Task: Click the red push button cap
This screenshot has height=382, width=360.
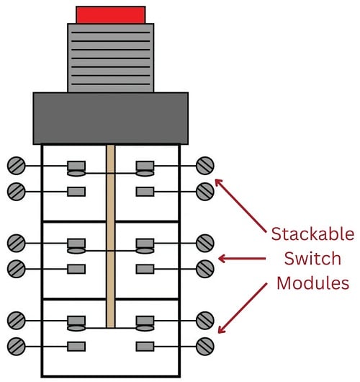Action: [x=111, y=14]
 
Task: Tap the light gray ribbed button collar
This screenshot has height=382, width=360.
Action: [x=110, y=58]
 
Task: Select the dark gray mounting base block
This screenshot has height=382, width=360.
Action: [x=110, y=118]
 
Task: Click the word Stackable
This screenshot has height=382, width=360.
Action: [x=312, y=235]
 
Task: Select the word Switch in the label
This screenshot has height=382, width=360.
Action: [x=312, y=258]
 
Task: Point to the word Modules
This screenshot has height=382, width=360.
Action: [x=312, y=283]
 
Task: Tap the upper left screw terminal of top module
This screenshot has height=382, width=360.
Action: [x=17, y=166]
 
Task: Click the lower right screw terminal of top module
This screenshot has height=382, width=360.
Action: [x=205, y=191]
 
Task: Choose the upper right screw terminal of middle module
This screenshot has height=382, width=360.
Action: [x=205, y=242]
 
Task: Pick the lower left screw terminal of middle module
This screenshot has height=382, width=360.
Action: [x=17, y=268]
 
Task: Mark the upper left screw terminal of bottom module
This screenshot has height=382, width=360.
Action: [x=17, y=319]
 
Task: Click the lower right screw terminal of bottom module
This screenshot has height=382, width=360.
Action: [x=205, y=345]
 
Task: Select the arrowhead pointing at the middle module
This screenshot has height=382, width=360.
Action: [x=222, y=258]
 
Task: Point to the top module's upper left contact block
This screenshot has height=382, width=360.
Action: [x=76, y=166]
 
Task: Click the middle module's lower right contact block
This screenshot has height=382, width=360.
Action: [x=145, y=268]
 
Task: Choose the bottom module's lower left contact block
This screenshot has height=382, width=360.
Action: [x=76, y=345]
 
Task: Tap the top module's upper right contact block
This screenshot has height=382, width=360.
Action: [x=145, y=166]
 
